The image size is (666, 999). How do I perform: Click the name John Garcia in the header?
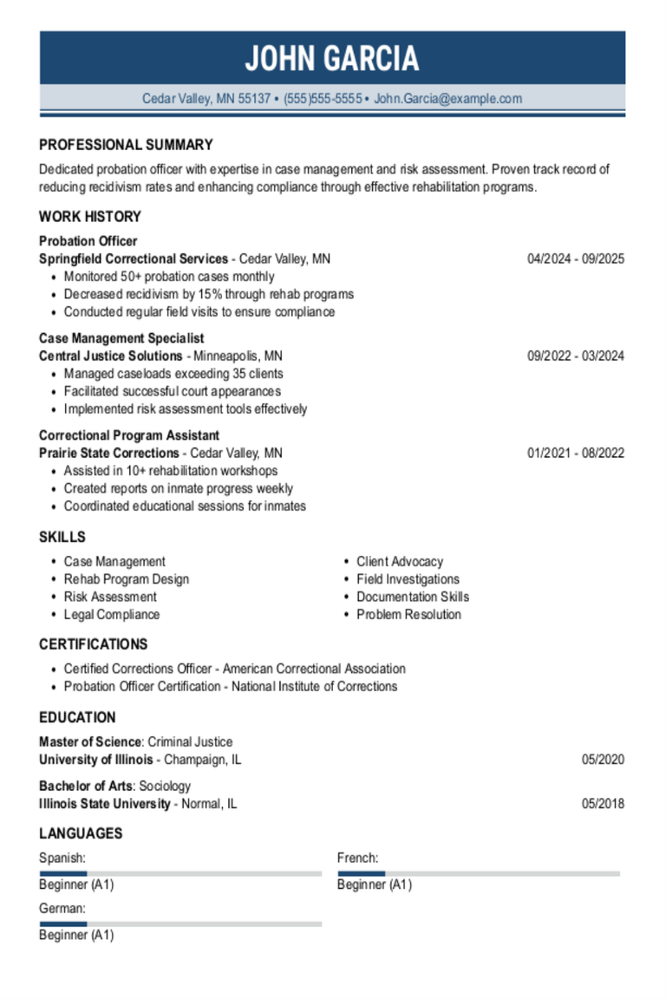[x=332, y=59]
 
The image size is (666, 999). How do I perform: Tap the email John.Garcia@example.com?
[x=447, y=99]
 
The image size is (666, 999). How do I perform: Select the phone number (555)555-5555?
[x=323, y=99]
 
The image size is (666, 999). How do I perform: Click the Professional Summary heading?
[x=126, y=145]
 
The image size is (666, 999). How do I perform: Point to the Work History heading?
[x=89, y=217]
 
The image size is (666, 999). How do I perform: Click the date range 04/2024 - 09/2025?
[x=576, y=259]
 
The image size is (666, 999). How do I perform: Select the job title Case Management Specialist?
[x=121, y=338]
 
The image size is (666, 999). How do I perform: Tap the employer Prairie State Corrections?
[x=108, y=453]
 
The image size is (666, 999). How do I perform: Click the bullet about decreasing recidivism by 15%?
[x=208, y=294]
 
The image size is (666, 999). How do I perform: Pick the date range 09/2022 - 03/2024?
[x=576, y=356]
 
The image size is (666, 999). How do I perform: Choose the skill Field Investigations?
[x=408, y=579]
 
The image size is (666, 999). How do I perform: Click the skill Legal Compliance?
[x=112, y=615]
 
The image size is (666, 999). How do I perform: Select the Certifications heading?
[x=93, y=644]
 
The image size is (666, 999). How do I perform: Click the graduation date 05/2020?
[x=603, y=761]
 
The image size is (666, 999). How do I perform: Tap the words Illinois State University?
[x=105, y=804]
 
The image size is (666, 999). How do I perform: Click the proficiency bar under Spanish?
[x=180, y=873]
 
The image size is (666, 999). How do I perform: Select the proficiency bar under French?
[x=479, y=873]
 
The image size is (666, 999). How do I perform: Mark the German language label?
[x=62, y=908]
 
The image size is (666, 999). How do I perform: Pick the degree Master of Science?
[x=89, y=742]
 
